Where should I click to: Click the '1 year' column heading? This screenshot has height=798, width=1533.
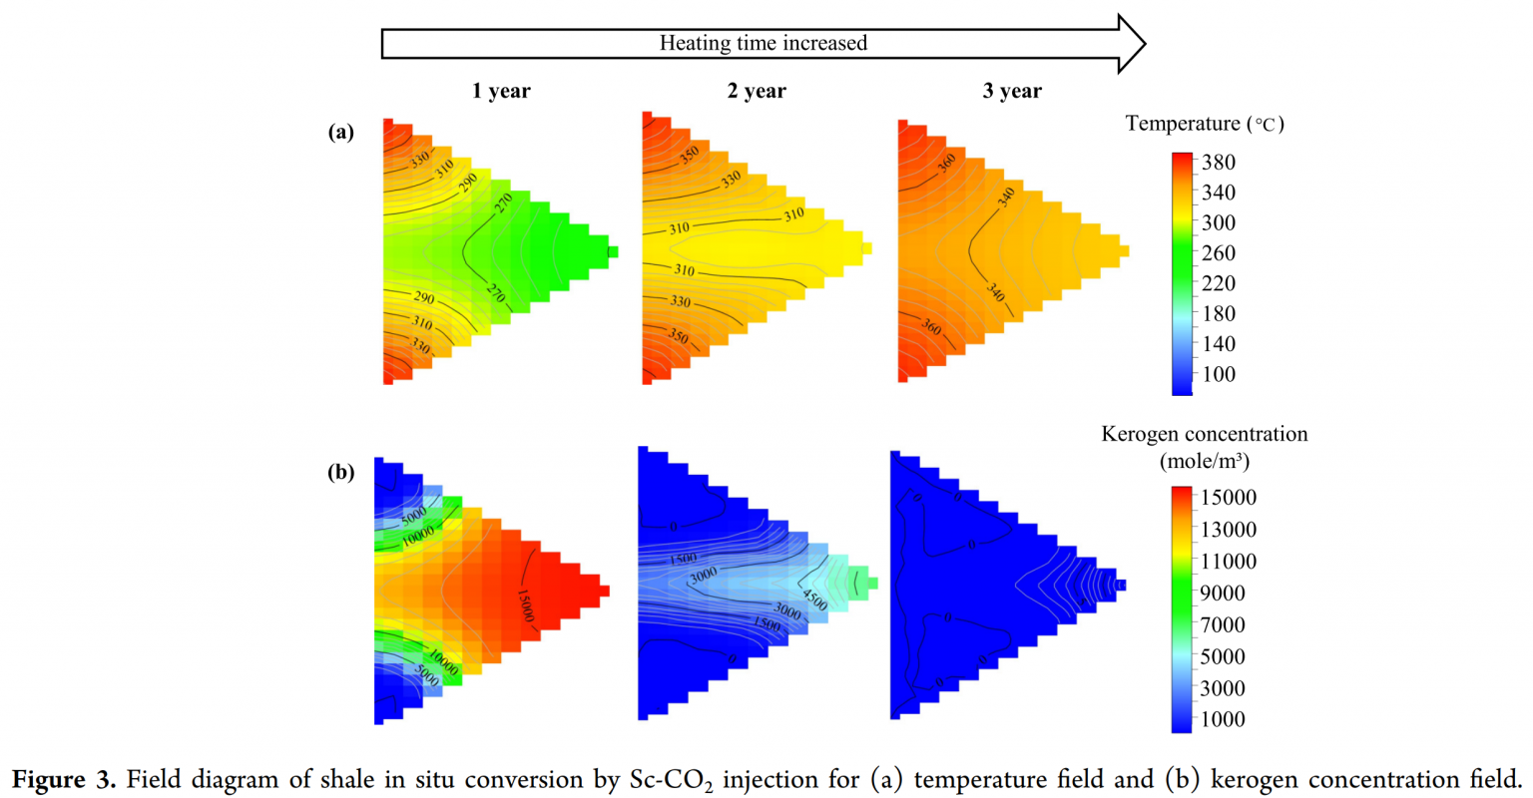pos(501,91)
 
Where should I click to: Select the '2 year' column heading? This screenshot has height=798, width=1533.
pos(756,91)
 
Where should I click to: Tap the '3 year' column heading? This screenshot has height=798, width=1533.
pos(1011,91)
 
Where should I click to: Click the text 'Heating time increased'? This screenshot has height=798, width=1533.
pos(763,43)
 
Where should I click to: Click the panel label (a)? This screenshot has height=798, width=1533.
pos(341,132)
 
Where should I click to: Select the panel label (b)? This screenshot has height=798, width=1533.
pos(341,472)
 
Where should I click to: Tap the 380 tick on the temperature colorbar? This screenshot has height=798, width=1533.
pos(1218,162)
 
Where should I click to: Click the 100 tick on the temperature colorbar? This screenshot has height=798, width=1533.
pos(1218,374)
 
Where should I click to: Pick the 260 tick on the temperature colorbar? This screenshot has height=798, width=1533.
pos(1218,252)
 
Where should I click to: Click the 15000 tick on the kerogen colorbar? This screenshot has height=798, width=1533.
pos(1229,497)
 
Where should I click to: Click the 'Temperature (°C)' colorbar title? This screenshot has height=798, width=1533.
pos(1204,124)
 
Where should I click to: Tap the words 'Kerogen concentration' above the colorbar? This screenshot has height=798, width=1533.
pos(1204,434)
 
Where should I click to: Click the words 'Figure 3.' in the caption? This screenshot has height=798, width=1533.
pos(63,779)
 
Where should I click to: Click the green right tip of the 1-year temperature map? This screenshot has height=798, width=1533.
pos(612,251)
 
